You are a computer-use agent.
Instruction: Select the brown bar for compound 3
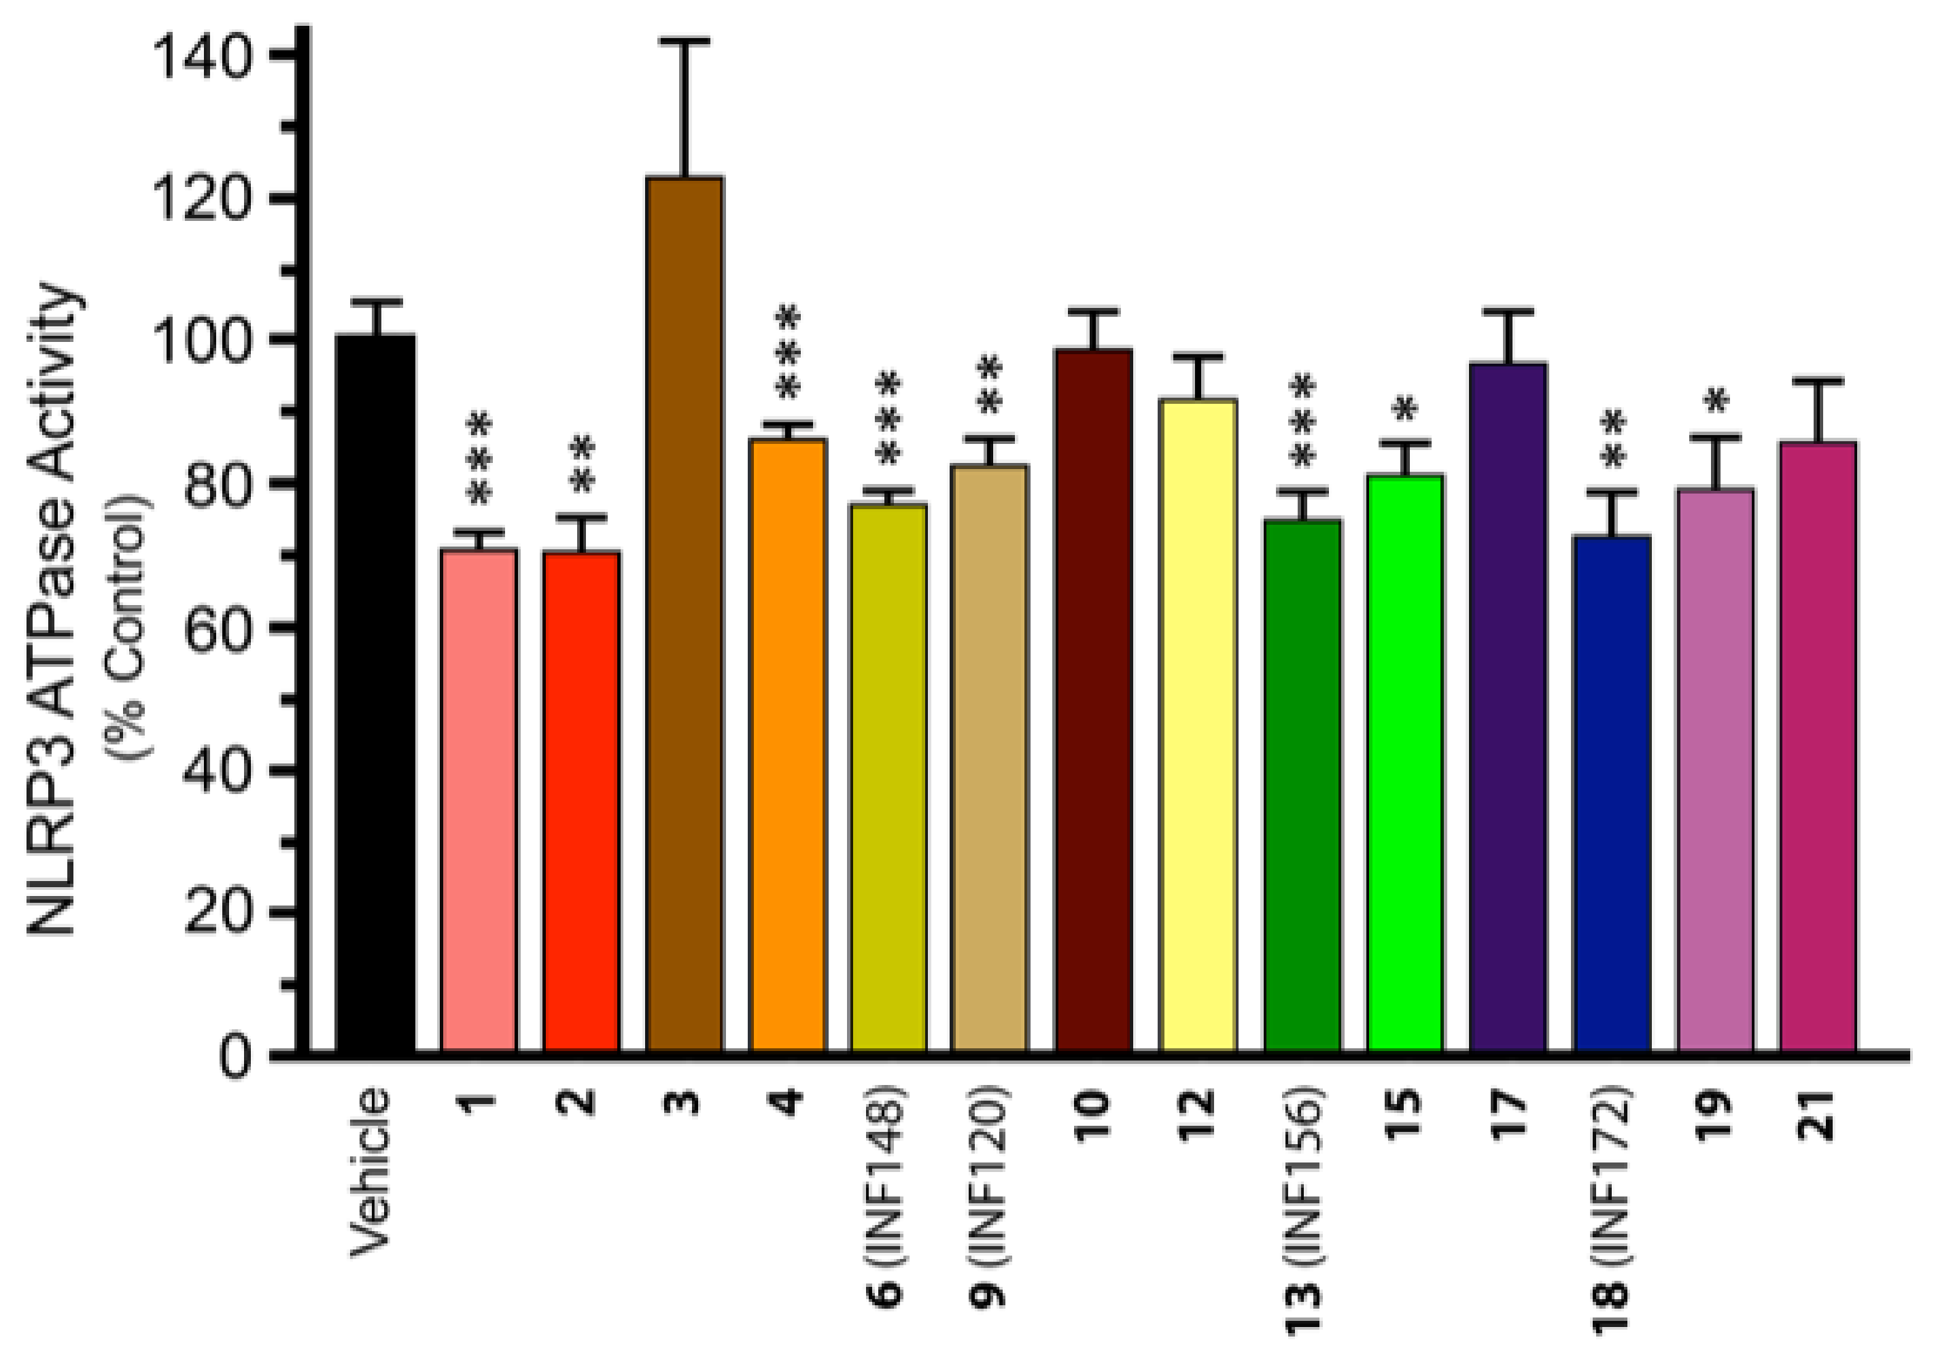(x=685, y=615)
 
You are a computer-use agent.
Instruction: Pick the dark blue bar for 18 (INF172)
(x=1611, y=793)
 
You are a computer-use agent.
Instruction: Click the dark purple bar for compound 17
(x=1508, y=708)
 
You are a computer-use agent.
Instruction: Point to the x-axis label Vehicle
(x=371, y=1172)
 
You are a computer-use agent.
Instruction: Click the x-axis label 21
(x=1817, y=1118)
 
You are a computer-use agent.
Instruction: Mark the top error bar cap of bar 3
(x=685, y=41)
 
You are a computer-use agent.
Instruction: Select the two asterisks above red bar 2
(x=582, y=464)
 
